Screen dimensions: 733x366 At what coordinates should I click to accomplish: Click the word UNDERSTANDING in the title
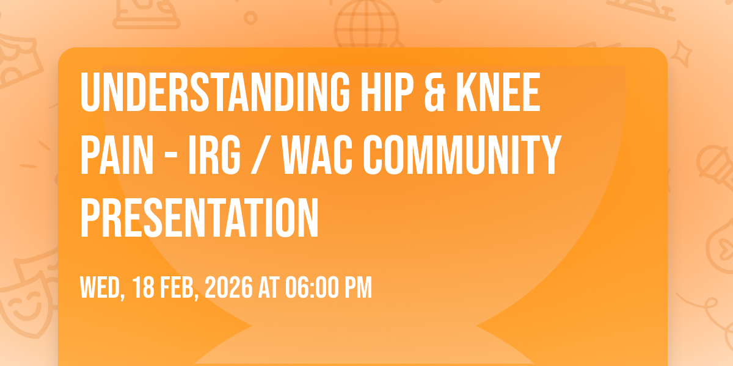coord(215,92)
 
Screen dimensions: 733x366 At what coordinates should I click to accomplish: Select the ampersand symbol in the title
coord(435,92)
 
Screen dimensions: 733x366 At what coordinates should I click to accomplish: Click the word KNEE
coord(498,92)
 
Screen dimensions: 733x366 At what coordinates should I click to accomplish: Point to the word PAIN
coord(117,154)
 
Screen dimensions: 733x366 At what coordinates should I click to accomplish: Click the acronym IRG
coord(214,154)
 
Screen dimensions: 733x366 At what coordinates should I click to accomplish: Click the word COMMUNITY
coord(462,154)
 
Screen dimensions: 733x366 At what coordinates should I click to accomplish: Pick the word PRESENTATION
coord(199,217)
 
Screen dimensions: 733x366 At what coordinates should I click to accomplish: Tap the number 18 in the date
coord(144,287)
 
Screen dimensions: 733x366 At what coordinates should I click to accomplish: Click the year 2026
coord(228,287)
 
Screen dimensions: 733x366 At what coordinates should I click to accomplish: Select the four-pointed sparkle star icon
coord(682,54)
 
